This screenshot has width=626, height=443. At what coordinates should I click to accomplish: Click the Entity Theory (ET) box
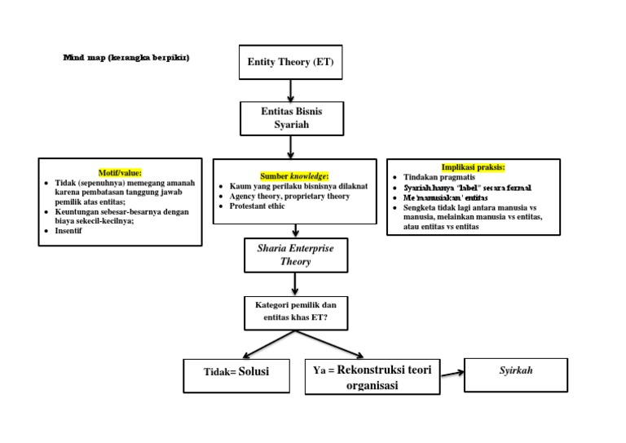(290, 62)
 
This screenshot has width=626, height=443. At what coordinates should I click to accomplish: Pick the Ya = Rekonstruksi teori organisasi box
(373, 378)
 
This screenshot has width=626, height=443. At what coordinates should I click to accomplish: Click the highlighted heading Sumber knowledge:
(294, 175)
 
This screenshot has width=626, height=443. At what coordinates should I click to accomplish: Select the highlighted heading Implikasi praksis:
(473, 167)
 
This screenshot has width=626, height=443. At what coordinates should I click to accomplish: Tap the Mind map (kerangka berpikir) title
(126, 58)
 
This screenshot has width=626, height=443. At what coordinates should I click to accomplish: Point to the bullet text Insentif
(69, 231)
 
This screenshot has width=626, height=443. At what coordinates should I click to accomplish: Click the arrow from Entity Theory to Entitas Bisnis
(291, 89)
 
